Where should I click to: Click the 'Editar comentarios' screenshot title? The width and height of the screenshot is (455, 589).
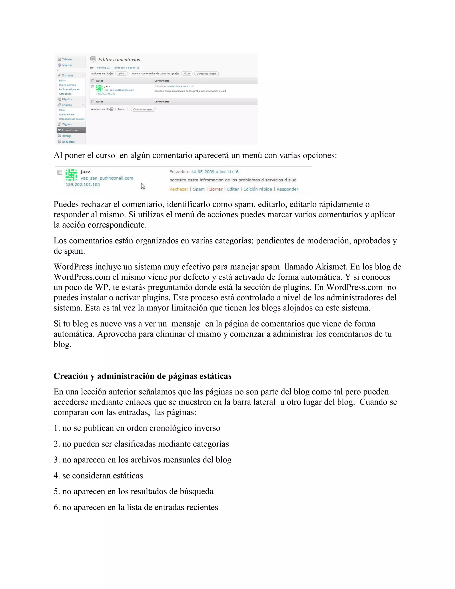coord(119,60)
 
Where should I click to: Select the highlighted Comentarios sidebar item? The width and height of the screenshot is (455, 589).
coord(70,130)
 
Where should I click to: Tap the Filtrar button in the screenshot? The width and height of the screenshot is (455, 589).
coord(187,74)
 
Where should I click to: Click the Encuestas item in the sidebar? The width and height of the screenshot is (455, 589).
coord(68,142)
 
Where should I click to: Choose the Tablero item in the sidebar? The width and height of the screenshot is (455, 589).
coord(67,59)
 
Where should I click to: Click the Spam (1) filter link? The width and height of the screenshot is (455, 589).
coord(133,68)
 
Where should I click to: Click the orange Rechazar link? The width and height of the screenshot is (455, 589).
coord(179,189)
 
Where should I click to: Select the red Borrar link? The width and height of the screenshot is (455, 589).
coord(216,189)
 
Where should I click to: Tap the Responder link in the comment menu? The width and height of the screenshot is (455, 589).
coord(287,189)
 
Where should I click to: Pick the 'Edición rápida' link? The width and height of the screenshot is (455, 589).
coord(257,189)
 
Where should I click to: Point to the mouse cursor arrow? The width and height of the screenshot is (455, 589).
coord(143,186)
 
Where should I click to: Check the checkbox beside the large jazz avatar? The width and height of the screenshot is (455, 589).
coord(60,172)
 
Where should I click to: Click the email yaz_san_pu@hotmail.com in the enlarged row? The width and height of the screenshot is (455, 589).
coord(107,178)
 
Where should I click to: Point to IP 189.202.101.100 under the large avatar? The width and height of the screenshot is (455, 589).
coord(83,184)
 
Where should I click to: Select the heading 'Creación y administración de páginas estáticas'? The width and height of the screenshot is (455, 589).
coord(142,376)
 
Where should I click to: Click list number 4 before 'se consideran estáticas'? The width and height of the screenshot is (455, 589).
coord(56,475)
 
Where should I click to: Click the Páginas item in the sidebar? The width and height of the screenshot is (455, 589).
coord(67,124)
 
